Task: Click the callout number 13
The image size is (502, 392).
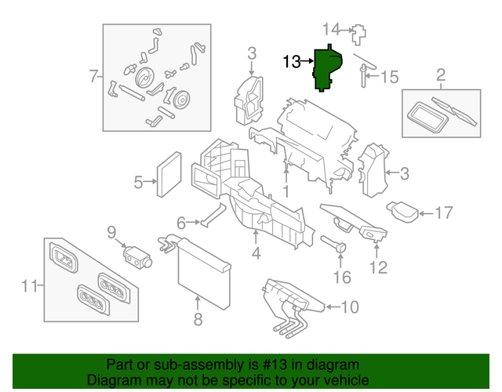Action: (292, 61)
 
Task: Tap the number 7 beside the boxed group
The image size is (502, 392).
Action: (93, 77)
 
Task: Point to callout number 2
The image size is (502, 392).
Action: (440, 75)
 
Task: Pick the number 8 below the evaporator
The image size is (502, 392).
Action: (198, 319)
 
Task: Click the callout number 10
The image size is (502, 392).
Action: (350, 306)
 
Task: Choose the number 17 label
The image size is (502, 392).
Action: (444, 212)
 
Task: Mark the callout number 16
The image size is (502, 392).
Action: (342, 277)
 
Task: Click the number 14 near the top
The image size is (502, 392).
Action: (332, 30)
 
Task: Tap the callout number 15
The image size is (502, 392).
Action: (390, 78)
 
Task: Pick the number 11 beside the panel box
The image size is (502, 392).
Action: (29, 286)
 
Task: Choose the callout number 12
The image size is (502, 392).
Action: (378, 268)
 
